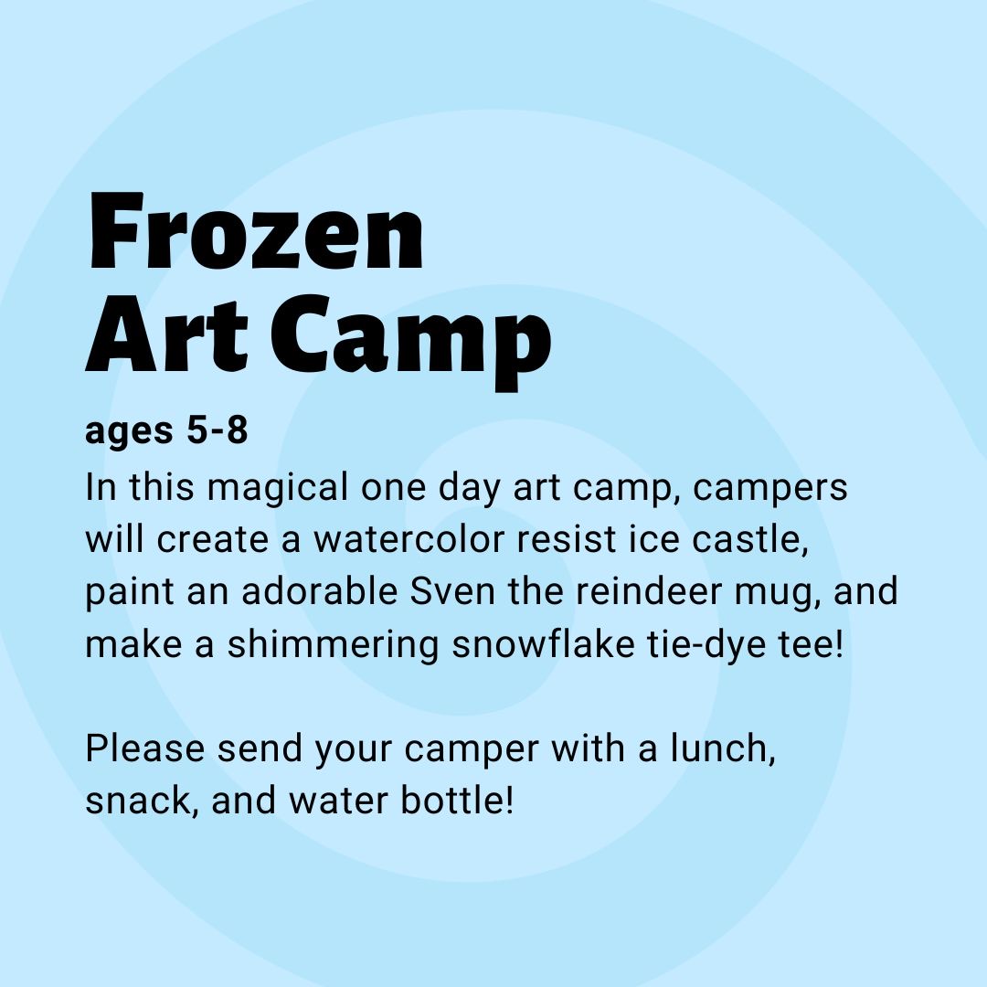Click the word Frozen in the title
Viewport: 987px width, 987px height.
click(x=256, y=231)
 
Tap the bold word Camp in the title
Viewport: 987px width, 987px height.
click(x=411, y=340)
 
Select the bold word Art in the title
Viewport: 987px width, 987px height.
click(x=167, y=334)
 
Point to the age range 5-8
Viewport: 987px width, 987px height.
click(x=218, y=430)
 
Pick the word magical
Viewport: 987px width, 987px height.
click(x=278, y=488)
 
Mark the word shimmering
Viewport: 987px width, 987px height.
click(x=333, y=646)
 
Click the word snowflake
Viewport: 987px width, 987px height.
click(x=543, y=644)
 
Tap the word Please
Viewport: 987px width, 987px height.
click(x=144, y=748)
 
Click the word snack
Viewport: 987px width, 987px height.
click(x=143, y=801)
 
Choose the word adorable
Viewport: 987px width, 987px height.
click(x=320, y=591)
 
